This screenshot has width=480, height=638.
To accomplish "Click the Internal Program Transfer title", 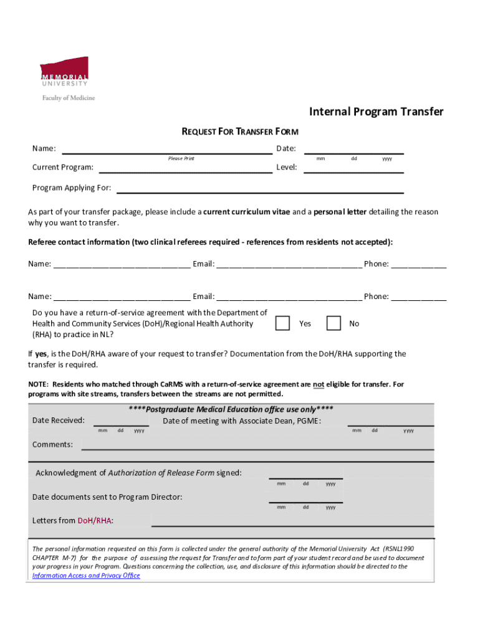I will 377,112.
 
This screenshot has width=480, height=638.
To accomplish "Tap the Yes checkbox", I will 282,323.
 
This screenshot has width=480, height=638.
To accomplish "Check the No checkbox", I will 334,323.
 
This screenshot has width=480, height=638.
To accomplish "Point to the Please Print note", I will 181,158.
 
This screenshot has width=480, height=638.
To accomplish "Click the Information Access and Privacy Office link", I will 86,576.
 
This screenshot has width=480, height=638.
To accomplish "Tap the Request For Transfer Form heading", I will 239,131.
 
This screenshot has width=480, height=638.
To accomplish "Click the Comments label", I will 52,444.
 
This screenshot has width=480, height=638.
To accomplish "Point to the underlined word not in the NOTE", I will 318,385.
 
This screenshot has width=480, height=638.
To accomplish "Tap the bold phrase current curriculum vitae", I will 246,212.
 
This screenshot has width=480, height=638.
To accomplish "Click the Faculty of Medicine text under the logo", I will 68,98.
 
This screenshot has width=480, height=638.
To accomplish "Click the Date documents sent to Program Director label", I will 107,497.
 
